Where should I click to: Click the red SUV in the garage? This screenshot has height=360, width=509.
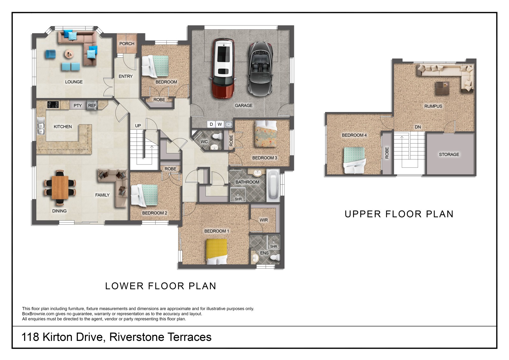click(x=223, y=68)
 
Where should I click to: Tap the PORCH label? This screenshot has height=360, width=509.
click(x=127, y=44)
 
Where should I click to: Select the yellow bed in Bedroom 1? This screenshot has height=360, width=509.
click(x=217, y=251)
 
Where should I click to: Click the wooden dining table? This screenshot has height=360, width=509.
click(x=60, y=187)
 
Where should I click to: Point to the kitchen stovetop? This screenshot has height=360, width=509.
click(x=53, y=105)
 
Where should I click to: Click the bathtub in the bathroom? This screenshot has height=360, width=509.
click(x=273, y=185)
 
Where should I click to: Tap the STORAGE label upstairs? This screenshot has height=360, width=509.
click(x=449, y=154)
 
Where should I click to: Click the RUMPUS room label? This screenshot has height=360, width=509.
click(x=433, y=106)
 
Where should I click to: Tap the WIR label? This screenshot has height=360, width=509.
click(x=264, y=220)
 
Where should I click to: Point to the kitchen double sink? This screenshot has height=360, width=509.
click(x=41, y=126)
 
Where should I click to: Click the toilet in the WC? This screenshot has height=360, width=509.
click(x=217, y=137)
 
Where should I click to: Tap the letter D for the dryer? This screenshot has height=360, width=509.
click(x=211, y=124)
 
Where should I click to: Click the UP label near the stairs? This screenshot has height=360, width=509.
click(x=138, y=126)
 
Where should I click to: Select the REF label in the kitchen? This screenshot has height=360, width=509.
click(x=92, y=106)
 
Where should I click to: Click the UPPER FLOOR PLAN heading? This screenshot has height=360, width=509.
click(x=399, y=214)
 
